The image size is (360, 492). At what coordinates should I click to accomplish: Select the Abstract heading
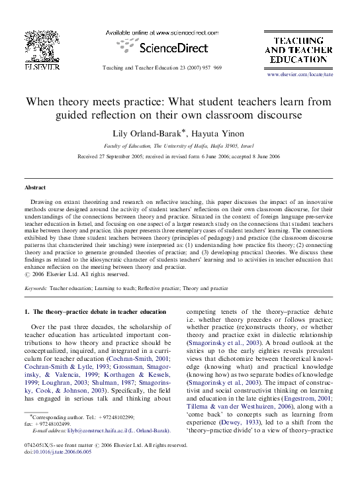tap(35, 187)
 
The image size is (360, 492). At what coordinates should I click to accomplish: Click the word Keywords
tap(35, 289)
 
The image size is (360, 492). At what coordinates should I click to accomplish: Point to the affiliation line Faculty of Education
tap(180, 145)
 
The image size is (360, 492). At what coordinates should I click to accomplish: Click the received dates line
tap(179, 156)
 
